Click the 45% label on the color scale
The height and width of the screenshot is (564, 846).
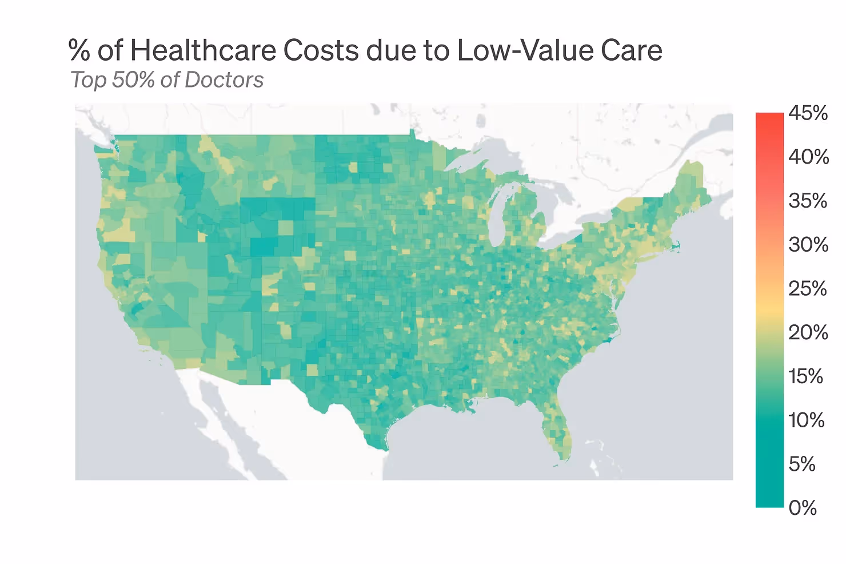click(x=808, y=113)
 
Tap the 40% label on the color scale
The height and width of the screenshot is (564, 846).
click(x=809, y=157)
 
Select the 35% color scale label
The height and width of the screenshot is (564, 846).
click(x=808, y=200)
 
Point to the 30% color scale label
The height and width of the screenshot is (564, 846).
click(x=808, y=245)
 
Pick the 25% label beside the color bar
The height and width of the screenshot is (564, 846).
click(x=808, y=288)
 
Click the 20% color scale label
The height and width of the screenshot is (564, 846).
click(x=808, y=332)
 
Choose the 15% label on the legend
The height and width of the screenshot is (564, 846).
click(x=805, y=376)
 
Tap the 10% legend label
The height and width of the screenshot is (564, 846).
click(x=807, y=420)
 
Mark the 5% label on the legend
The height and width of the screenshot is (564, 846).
click(x=802, y=464)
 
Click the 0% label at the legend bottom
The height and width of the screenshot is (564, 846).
click(x=803, y=508)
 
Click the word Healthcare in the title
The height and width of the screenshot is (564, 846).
click(x=203, y=50)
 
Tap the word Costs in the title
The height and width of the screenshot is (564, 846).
click(x=321, y=50)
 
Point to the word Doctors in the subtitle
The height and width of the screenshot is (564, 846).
click(x=224, y=80)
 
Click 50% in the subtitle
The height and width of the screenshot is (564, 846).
click(x=133, y=80)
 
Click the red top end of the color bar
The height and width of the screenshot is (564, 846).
click(x=770, y=115)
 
